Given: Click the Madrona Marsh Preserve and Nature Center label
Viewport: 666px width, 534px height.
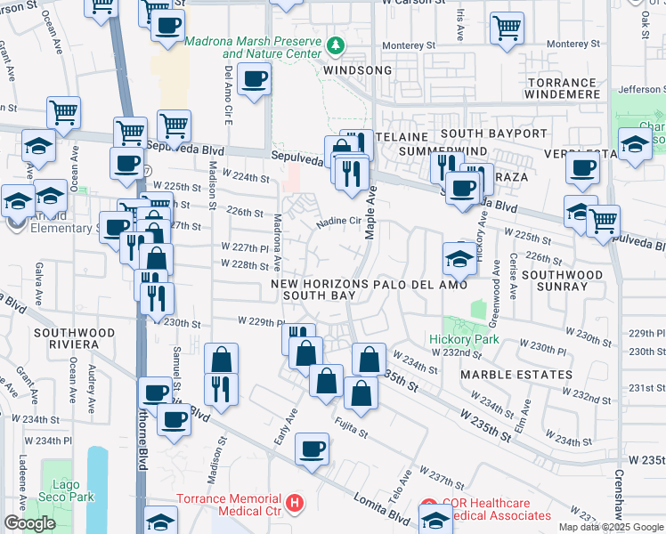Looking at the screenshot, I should tap(252, 48).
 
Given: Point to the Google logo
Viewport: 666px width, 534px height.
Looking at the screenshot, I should tap(29, 523).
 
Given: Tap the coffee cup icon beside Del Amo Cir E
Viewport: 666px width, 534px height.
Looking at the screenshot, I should tap(254, 80).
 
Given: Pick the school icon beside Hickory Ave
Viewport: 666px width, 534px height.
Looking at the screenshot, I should tap(459, 260).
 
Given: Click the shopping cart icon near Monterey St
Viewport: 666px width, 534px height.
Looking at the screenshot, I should tap(507, 27).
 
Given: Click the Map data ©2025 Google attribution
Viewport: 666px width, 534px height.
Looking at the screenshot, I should tap(612, 527).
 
